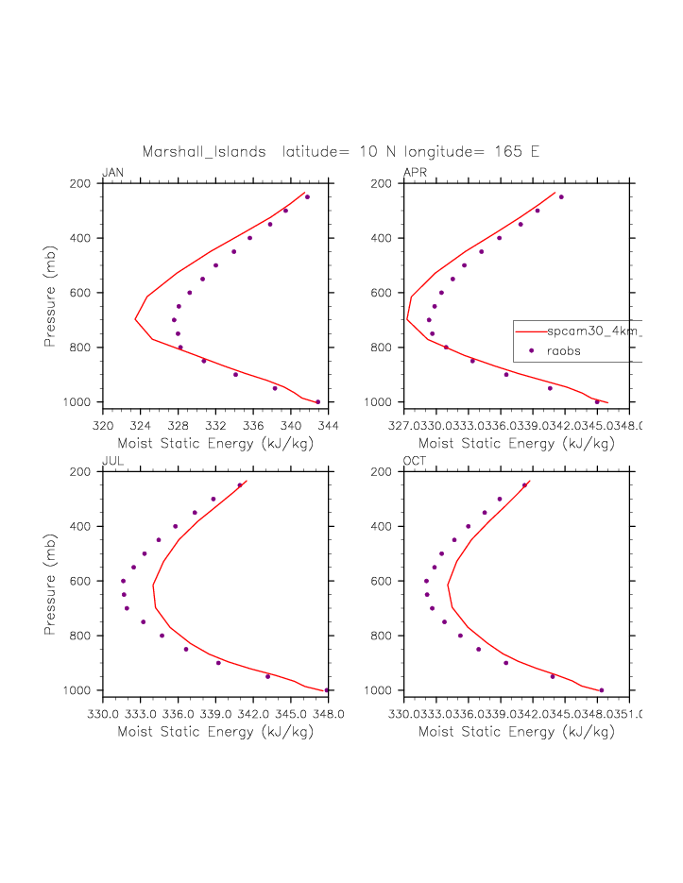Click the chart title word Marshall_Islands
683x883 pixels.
point(204,152)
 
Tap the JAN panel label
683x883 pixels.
point(112,173)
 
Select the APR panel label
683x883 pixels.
point(414,173)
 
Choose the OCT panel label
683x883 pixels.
point(415,461)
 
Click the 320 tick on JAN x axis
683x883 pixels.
point(103,425)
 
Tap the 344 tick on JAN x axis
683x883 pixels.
point(328,425)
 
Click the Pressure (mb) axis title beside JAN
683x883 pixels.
point(49,294)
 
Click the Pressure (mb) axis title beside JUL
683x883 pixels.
point(49,582)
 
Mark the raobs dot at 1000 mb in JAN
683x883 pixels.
point(317,402)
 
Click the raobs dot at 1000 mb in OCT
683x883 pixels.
point(602,690)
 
